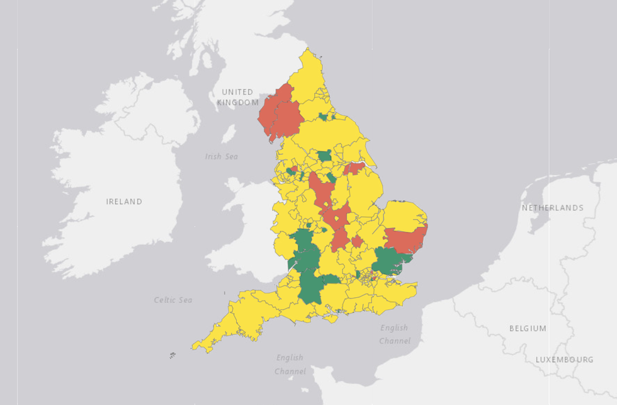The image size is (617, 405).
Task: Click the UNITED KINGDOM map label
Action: pyautogui.click(x=237, y=97)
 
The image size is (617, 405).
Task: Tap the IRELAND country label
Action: pyautogui.click(x=124, y=202)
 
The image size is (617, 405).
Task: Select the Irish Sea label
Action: pyautogui.click(x=222, y=156)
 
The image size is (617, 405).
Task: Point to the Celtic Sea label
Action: pyautogui.click(x=173, y=300)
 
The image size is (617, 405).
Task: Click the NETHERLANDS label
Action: pyautogui.click(x=552, y=208)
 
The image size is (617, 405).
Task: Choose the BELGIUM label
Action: pyautogui.click(x=528, y=329)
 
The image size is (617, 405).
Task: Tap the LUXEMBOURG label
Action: pyautogui.click(x=564, y=360)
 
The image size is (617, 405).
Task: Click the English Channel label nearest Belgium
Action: pyautogui.click(x=394, y=334)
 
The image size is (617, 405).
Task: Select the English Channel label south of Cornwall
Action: pyautogui.click(x=289, y=364)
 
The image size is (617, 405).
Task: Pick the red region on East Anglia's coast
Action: pyautogui.click(x=407, y=239)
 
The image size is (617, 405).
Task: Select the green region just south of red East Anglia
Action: pyautogui.click(x=389, y=260)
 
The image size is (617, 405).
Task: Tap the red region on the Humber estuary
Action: pyautogui.click(x=354, y=168)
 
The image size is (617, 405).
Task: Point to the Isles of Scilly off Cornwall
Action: pyautogui.click(x=173, y=356)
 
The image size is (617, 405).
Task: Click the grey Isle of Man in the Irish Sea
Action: pyautogui.click(x=230, y=134)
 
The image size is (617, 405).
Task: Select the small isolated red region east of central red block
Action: pyautogui.click(x=357, y=241)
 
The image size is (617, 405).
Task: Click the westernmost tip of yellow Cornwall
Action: pyautogui.click(x=195, y=346)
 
